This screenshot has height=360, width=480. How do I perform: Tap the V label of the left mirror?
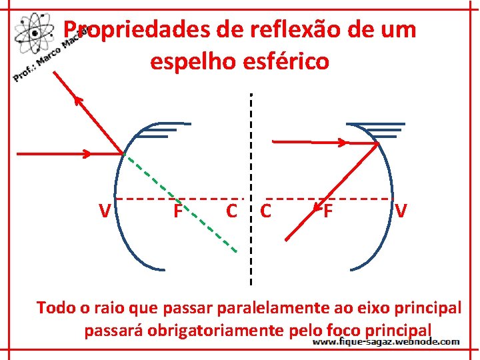[104, 211]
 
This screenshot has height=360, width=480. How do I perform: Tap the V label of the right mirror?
[401, 211]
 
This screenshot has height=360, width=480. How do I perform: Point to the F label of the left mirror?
[177, 211]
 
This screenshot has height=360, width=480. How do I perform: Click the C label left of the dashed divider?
[231, 211]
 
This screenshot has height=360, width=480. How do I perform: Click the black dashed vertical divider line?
[251, 167]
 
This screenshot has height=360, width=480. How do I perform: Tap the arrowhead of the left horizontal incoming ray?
[86, 154]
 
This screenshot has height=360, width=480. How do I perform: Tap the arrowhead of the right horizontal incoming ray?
[342, 142]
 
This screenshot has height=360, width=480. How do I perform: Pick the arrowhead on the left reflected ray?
[78, 101]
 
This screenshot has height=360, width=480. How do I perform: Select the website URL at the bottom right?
[386, 341]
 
